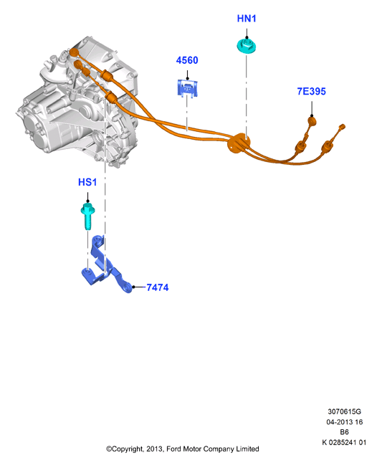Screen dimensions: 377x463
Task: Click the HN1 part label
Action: tap(247, 19)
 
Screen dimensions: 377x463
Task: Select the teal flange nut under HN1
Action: tap(247, 47)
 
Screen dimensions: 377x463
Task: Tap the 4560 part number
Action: tap(187, 60)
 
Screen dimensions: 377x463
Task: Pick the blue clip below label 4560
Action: tap(187, 87)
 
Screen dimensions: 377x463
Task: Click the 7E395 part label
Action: tap(312, 91)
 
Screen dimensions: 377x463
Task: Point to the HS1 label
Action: tap(87, 182)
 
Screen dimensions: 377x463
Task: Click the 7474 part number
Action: tap(158, 287)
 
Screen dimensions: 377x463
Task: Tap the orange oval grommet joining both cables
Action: tap(239, 143)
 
